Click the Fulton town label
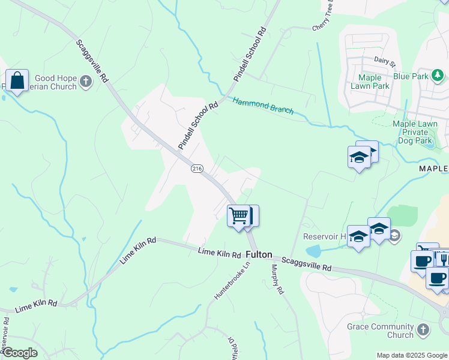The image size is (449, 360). (x=259, y=254)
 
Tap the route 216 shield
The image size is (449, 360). (x=197, y=169)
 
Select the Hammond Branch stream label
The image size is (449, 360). (x=263, y=106)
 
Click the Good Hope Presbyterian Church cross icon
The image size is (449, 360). (x=86, y=82)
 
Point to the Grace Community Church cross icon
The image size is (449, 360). (x=423, y=330)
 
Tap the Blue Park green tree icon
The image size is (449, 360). (x=438, y=76)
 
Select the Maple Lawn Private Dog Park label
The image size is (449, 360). (x=415, y=132)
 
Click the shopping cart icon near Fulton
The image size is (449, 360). (x=238, y=215)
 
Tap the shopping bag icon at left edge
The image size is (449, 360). (x=17, y=80)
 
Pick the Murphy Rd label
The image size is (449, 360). (x=277, y=280)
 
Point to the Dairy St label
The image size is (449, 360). (x=385, y=61)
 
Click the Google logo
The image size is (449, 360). (x=19, y=353)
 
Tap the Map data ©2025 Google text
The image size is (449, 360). (x=412, y=355)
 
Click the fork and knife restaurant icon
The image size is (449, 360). (x=442, y=258)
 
